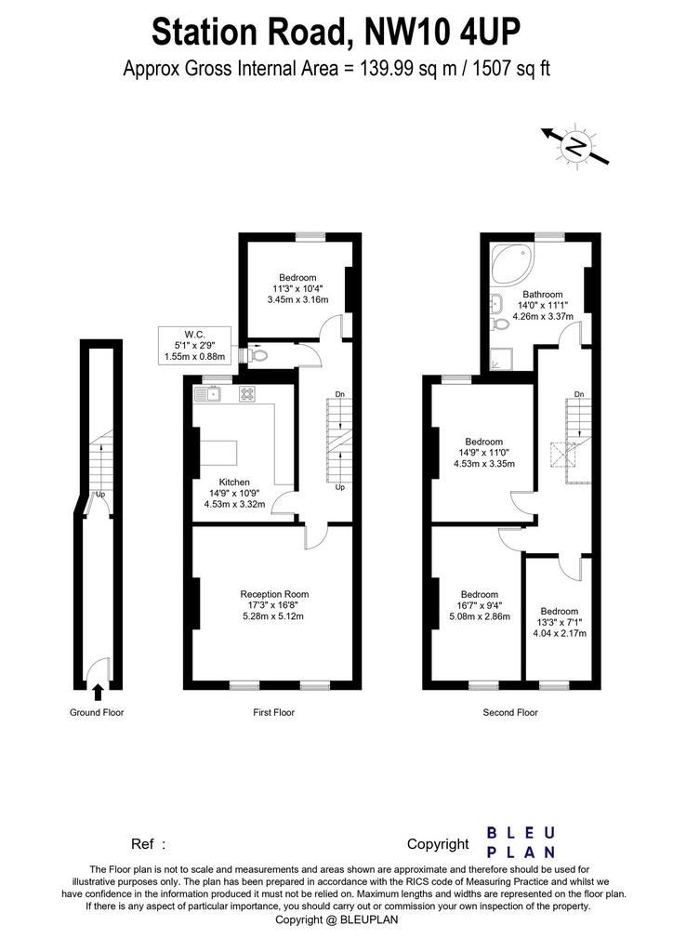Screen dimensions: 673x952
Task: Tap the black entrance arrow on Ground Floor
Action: [97, 692]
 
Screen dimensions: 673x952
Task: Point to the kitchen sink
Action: [208, 394]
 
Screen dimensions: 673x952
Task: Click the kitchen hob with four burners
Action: [247, 394]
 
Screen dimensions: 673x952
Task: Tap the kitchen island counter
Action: [219, 453]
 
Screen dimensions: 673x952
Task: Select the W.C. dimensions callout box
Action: [194, 346]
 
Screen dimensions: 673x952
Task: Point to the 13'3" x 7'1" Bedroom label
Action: [560, 622]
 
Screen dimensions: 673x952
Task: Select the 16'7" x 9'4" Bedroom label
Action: [480, 605]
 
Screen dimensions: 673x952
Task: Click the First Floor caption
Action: [273, 712]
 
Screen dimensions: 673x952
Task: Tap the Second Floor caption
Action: [510, 712]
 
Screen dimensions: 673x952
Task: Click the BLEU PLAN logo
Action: [521, 842]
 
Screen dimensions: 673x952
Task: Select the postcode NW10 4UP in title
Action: [442, 33]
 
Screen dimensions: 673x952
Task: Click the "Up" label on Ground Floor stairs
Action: [100, 495]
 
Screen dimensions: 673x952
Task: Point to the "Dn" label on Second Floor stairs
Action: [579, 394]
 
